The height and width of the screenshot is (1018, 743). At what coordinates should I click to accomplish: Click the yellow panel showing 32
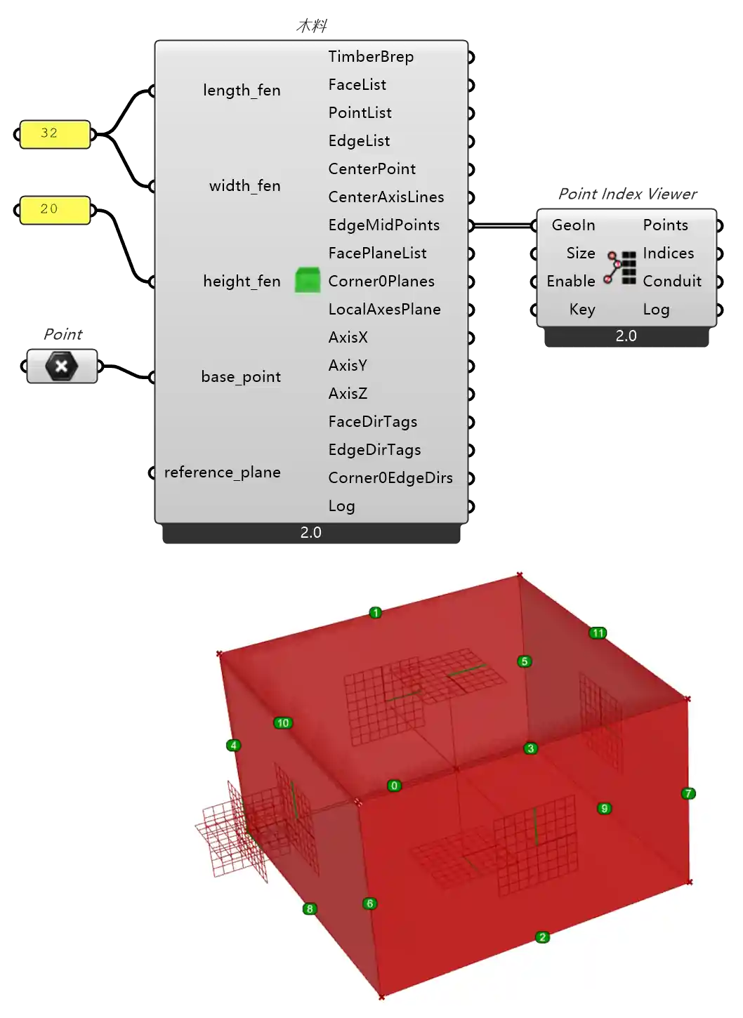[x=55, y=134]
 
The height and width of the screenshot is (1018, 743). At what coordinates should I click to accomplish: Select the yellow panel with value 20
[x=55, y=209]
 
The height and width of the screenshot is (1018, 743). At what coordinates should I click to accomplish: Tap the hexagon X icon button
[x=62, y=366]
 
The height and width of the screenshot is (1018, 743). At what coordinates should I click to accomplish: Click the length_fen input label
[x=242, y=91]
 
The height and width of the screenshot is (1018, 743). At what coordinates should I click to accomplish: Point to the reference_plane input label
[x=222, y=472]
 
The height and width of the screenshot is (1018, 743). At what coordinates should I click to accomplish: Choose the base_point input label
[x=241, y=377]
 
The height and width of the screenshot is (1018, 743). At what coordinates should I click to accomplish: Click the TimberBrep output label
[x=371, y=57]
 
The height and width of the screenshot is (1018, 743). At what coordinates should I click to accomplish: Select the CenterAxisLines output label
[x=386, y=197]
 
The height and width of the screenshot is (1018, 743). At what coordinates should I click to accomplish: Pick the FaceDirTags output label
[x=372, y=422]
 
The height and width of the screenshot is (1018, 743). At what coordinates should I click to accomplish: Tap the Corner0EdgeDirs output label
[x=390, y=478]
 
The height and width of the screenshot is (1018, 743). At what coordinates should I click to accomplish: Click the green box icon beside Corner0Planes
[x=308, y=280]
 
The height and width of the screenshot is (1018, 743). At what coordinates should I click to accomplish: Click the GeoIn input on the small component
[x=573, y=225]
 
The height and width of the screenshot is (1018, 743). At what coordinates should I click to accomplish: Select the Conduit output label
[x=671, y=282]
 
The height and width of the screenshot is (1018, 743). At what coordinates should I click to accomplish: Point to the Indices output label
[x=668, y=253]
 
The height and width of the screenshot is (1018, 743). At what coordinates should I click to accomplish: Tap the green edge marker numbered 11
[x=598, y=633]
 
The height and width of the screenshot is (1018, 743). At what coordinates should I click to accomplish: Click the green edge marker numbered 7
[x=688, y=793]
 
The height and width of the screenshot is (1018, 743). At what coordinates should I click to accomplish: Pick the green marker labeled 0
[x=394, y=786]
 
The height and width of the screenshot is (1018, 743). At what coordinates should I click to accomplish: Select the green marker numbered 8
[x=310, y=909]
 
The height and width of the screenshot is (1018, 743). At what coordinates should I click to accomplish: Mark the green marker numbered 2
[x=542, y=937]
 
